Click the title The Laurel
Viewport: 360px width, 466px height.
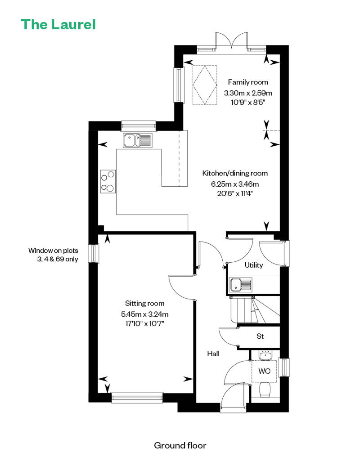click(58, 24)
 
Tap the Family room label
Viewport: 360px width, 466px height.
click(248, 82)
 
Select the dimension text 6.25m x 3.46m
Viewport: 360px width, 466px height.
click(235, 184)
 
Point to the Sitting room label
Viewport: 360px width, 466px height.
click(144, 304)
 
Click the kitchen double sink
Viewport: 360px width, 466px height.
click(138, 140)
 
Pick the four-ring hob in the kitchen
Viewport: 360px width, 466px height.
click(108, 181)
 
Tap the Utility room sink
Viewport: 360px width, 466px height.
click(240, 285)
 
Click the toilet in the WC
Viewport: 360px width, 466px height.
click(265, 390)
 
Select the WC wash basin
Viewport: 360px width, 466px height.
click(265, 355)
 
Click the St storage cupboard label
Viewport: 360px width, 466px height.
click(260, 336)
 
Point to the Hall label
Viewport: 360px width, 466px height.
click(213, 354)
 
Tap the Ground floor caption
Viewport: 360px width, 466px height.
click(180, 445)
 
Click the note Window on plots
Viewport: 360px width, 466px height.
click(53, 251)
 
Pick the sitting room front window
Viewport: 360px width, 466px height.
click(137, 397)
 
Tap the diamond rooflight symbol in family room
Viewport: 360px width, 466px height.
click(205, 85)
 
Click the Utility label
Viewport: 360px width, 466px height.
click(254, 265)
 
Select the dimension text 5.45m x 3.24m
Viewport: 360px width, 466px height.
click(145, 314)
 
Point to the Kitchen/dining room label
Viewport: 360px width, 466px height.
click(235, 173)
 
